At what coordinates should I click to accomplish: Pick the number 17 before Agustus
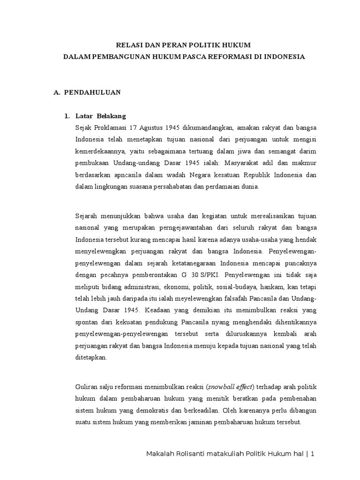[x=135, y=127]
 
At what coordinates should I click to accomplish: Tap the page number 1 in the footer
[x=312, y=454]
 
